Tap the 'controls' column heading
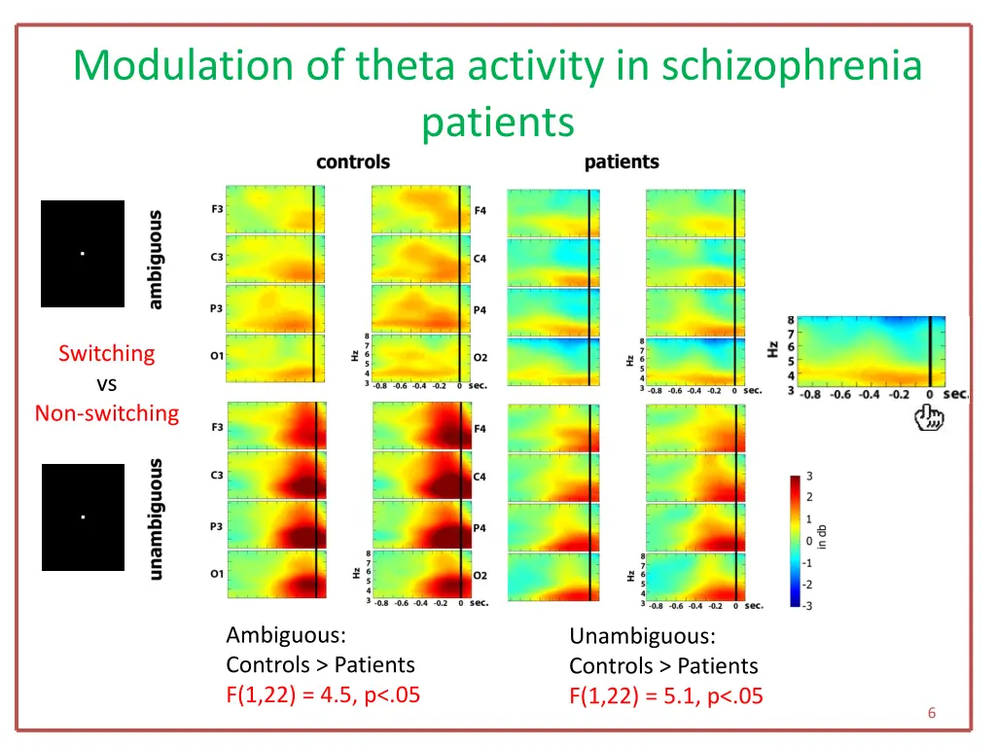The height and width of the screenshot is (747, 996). click(x=353, y=162)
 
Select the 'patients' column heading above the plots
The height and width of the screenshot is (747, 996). click(x=622, y=162)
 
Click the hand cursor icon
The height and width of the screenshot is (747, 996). click(x=931, y=419)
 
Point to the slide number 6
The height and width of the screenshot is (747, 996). click(x=932, y=713)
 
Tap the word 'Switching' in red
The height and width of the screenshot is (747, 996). click(x=106, y=353)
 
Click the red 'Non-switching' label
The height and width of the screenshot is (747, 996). click(x=107, y=413)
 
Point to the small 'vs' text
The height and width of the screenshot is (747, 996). click(x=107, y=383)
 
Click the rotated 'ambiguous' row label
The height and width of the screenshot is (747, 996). click(x=156, y=260)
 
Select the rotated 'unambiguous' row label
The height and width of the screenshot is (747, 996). click(x=156, y=519)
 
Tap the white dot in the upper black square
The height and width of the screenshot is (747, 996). click(x=83, y=254)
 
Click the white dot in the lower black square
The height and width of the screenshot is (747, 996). click(x=83, y=516)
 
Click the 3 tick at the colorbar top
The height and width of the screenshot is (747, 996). click(x=810, y=476)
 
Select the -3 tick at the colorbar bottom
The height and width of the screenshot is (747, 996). click(x=807, y=606)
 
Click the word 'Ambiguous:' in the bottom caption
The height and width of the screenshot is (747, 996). click(x=286, y=635)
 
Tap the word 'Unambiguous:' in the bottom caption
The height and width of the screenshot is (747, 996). click(x=642, y=636)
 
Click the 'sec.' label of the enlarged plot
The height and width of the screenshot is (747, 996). click(x=956, y=394)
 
